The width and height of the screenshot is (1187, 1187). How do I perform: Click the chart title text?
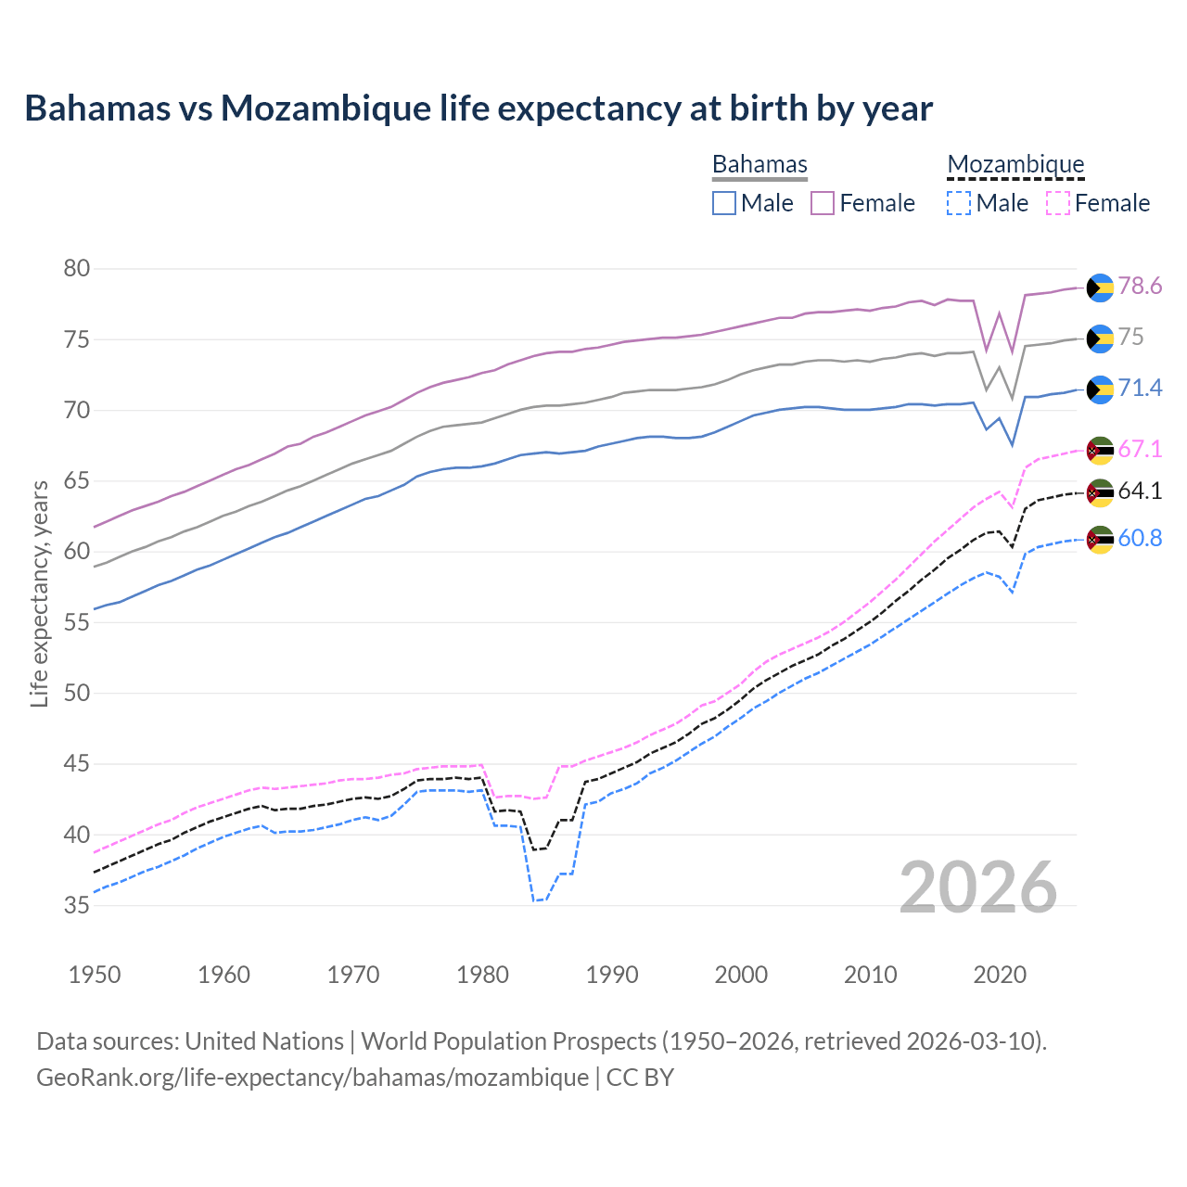[479, 108]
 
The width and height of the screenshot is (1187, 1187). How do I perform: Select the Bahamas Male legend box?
[724, 203]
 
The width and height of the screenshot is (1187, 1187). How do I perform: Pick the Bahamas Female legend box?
[823, 203]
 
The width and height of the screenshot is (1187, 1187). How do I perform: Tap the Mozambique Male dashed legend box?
[959, 203]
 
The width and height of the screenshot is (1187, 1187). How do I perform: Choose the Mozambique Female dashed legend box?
[1058, 203]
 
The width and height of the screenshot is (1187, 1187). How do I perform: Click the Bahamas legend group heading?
[759, 164]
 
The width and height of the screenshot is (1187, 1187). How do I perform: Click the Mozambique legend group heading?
[1015, 164]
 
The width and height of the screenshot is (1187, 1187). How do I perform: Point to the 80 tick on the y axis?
[77, 269]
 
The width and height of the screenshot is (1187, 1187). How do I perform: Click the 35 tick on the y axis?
[77, 905]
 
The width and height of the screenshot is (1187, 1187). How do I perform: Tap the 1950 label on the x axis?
[95, 975]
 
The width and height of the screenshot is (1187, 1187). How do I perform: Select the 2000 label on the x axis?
[741, 975]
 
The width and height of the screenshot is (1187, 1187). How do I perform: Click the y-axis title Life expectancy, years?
[40, 593]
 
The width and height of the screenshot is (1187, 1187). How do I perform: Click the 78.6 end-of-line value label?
[1140, 287]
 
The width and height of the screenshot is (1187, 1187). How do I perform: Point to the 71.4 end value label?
[1140, 388]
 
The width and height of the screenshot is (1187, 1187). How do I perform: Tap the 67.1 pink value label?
[1140, 450]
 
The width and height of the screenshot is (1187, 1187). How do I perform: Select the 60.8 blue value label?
[1140, 539]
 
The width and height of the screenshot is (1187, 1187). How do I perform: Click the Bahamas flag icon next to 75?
[1100, 338]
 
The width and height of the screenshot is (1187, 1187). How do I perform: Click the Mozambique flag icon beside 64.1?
[1100, 492]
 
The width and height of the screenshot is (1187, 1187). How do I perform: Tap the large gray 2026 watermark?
[978, 887]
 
